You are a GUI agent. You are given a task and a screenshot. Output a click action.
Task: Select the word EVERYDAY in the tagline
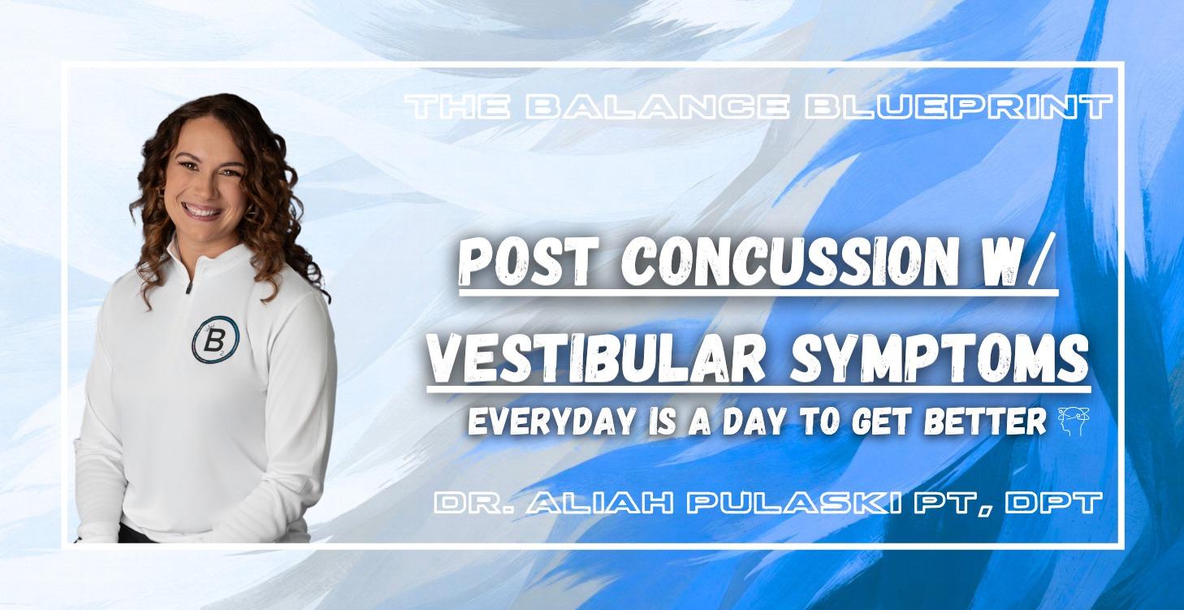pos(540,424)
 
